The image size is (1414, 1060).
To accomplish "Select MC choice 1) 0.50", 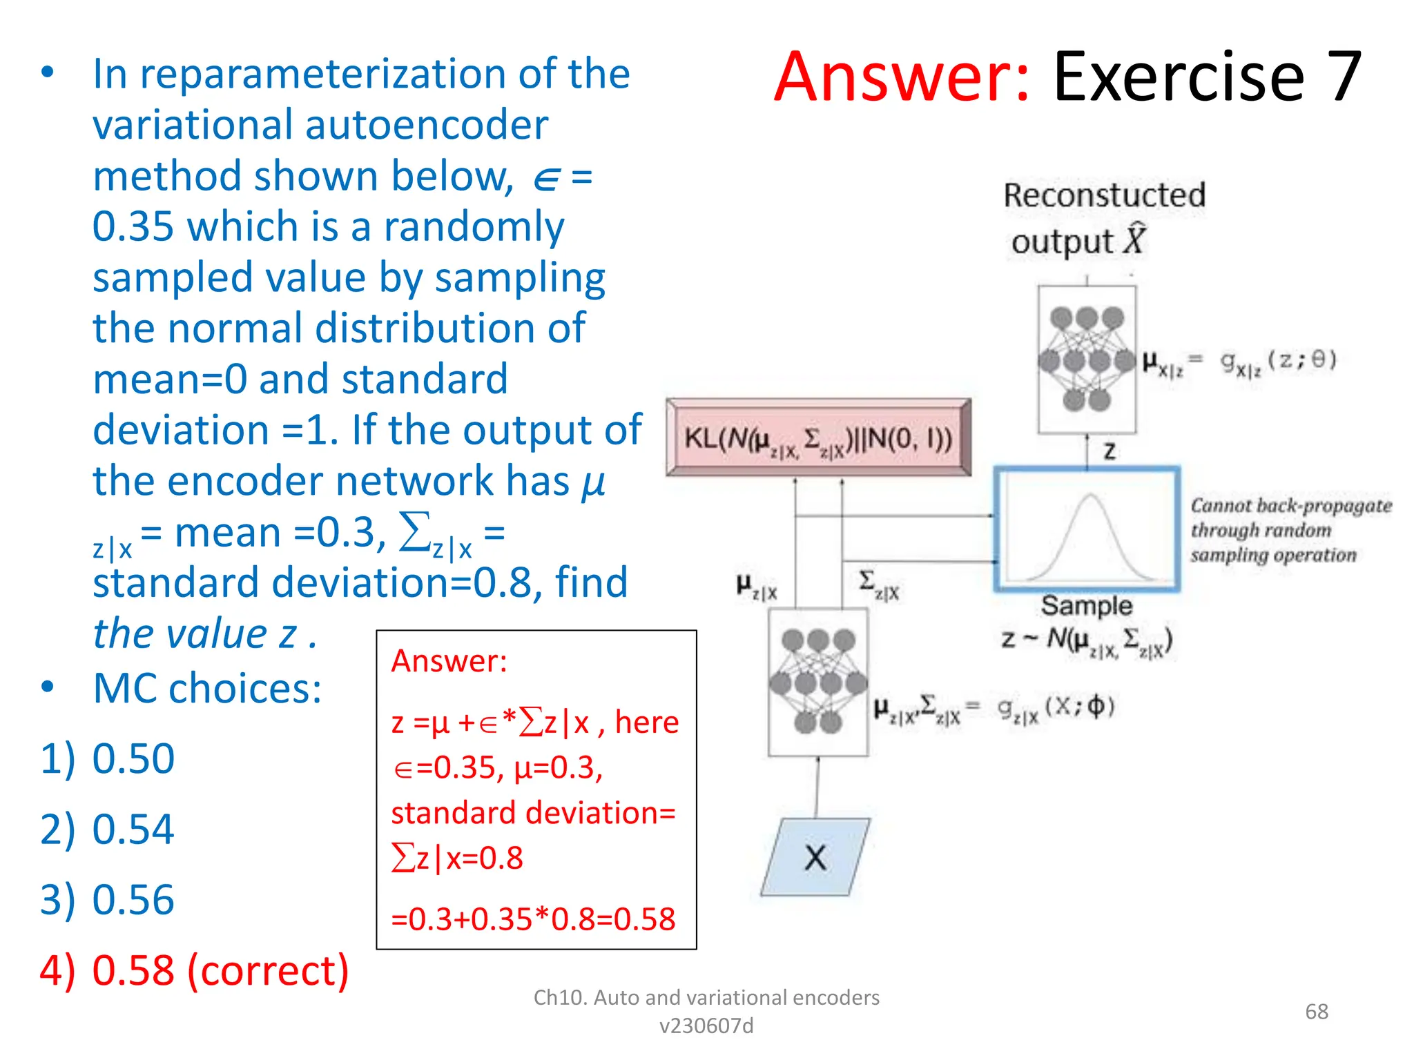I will click(108, 758).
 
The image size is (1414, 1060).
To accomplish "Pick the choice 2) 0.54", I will click(108, 829).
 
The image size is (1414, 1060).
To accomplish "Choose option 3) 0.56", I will click(108, 899).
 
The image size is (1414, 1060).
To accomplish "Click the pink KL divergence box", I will click(818, 438).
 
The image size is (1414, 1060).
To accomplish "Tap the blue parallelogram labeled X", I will click(815, 858).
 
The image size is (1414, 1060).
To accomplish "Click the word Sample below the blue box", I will click(1087, 605).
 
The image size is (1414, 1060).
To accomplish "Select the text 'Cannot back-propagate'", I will click(1290, 506).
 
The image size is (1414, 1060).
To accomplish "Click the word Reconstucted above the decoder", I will click(1104, 195).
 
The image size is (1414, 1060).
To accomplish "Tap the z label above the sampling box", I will click(1110, 451).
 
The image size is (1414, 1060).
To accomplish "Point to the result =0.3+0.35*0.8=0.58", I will click(533, 919).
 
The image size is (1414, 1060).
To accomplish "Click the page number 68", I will click(1317, 1011).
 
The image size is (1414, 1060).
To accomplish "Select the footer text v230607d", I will click(706, 1026).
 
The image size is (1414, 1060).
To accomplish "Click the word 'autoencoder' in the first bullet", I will click(426, 125).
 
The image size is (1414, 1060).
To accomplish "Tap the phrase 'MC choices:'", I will click(207, 688).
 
